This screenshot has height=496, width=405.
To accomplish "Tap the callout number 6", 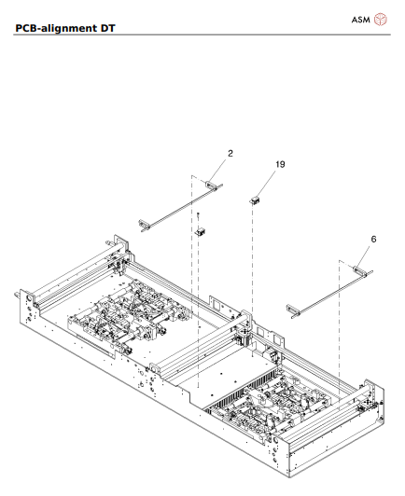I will (373, 239).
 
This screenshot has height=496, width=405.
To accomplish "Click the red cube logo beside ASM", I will (380, 20).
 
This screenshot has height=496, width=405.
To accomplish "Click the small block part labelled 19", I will (254, 199).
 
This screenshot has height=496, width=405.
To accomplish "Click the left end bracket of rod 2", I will (146, 224).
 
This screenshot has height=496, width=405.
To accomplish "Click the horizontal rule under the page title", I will (202, 34).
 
